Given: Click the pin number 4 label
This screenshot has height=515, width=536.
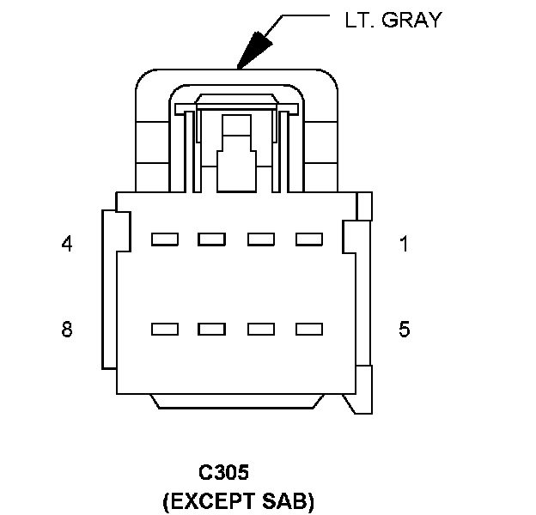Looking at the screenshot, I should pos(67,244).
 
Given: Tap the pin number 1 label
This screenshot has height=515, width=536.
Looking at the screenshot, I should pos(404,244).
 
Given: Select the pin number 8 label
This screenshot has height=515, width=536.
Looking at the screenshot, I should pos(67,330).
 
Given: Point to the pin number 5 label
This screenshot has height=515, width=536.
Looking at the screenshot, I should pos(404,330).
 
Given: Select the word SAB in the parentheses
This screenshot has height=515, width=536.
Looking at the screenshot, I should pos(288,500).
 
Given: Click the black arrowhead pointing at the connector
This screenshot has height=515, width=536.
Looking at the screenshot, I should pos(254,50).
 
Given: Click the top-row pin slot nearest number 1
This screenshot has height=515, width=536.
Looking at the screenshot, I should pos(308,239).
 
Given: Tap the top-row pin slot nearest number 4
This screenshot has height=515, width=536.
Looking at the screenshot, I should pos(164,239).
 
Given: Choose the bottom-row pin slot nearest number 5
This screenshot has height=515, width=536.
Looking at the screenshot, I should pos(308,329).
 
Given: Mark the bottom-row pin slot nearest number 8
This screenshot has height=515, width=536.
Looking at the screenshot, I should pos(164,329).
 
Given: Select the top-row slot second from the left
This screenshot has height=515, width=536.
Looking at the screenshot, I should pos(211,239).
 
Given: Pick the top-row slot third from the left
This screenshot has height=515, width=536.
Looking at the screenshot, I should pos(260,239).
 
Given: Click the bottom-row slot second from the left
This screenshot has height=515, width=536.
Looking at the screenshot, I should pos(211,329).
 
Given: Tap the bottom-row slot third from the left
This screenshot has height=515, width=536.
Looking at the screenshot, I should pos(260,329).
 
